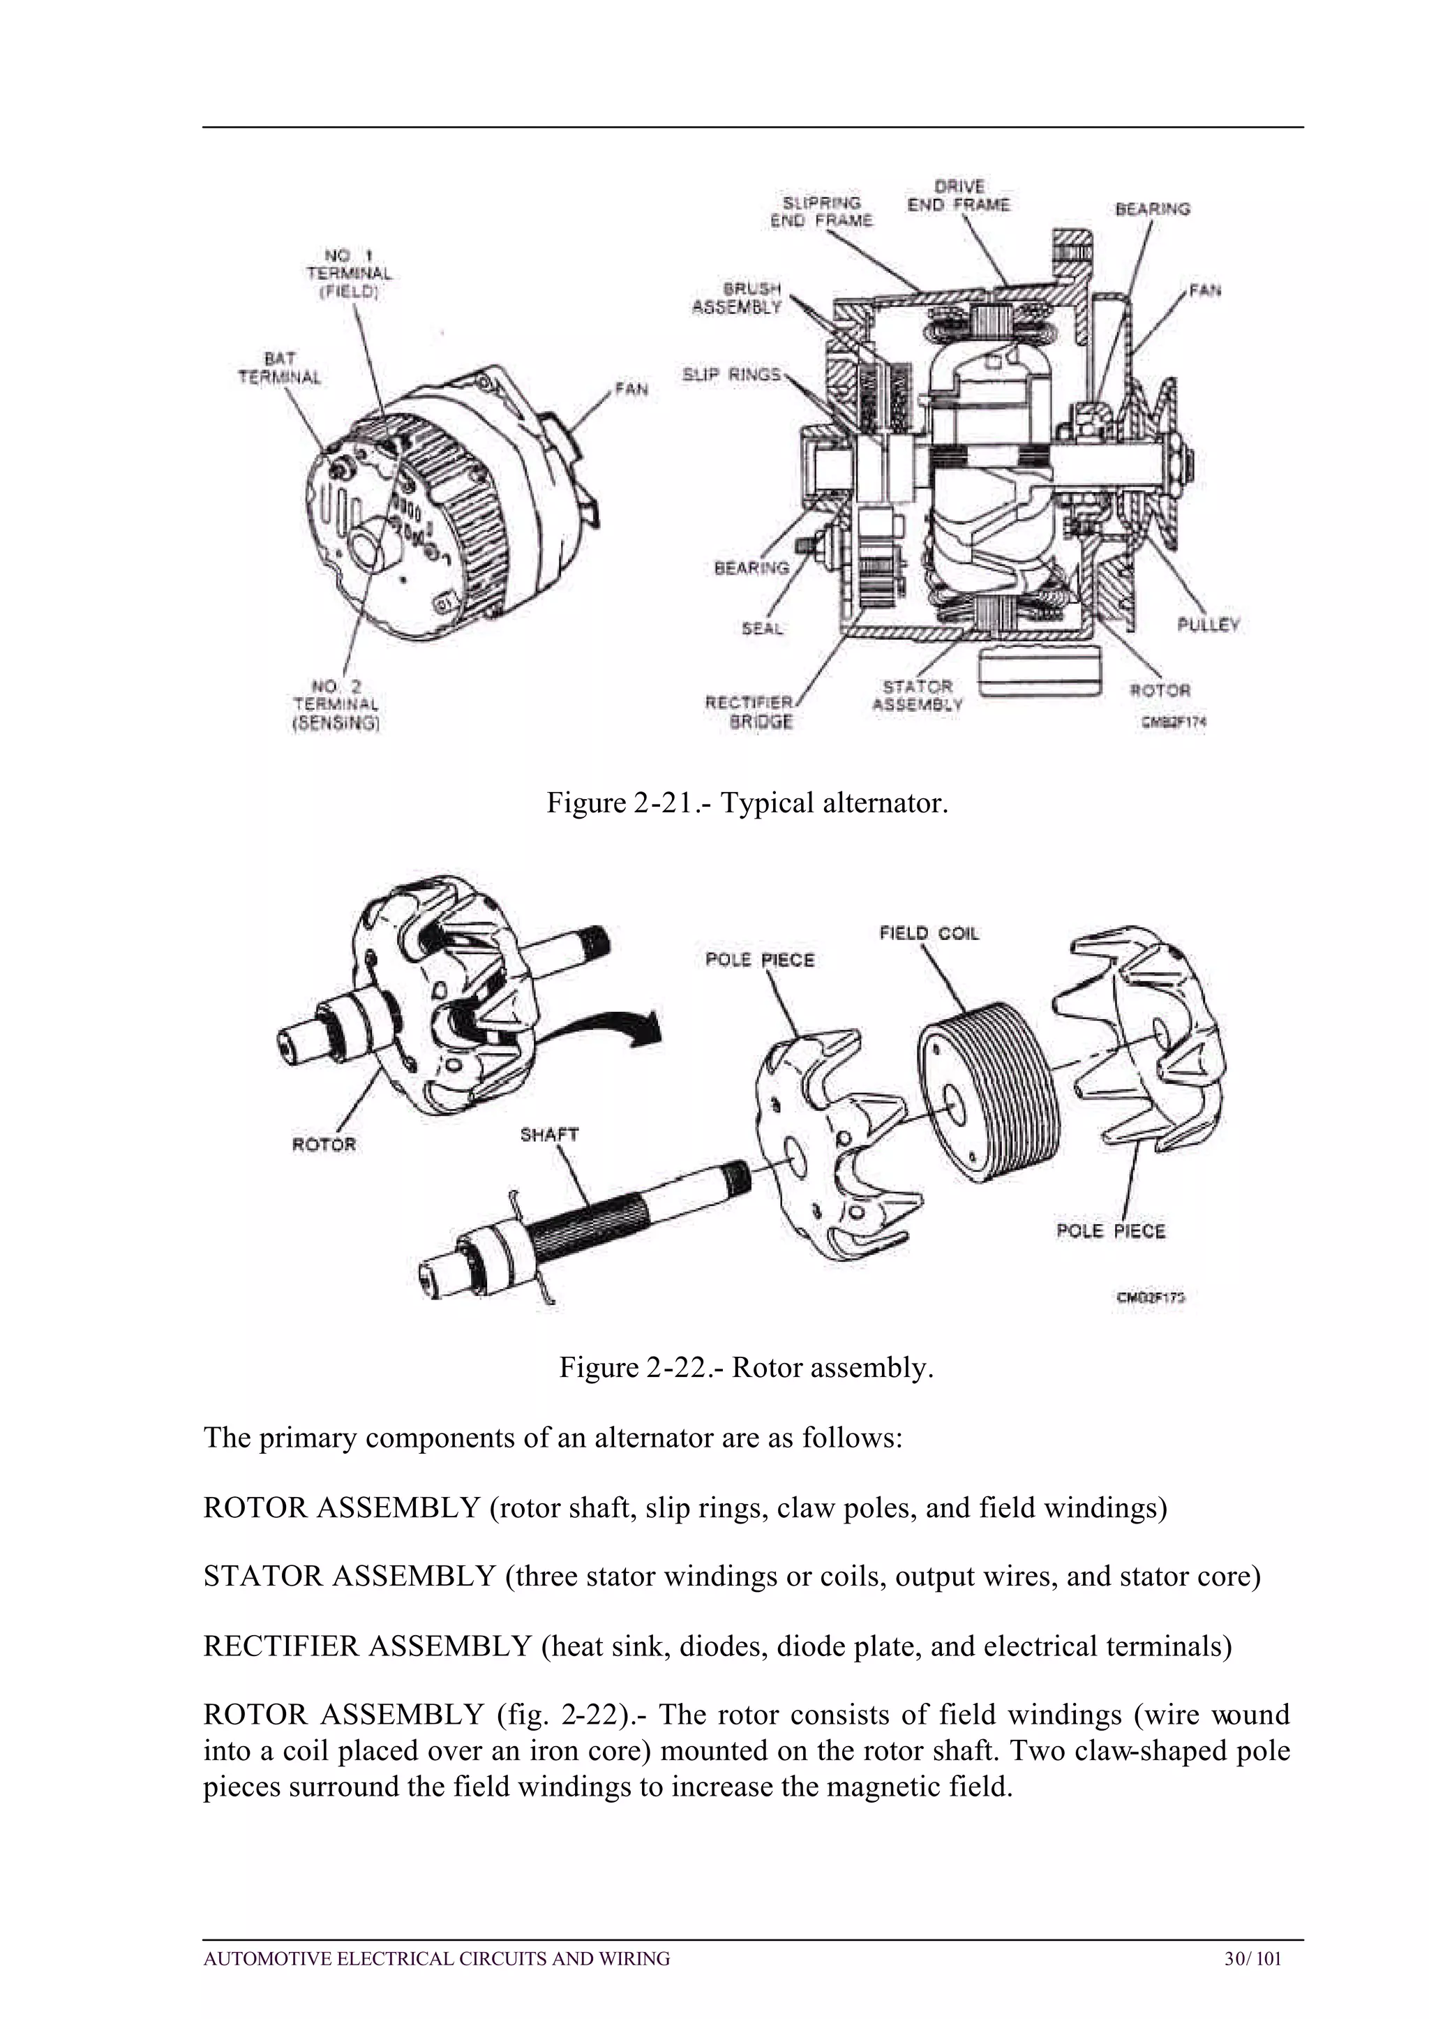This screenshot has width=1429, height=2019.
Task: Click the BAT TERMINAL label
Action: (279, 368)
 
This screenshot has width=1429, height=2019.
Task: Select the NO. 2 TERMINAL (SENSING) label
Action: (335, 704)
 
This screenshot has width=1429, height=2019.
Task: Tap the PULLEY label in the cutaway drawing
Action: (1208, 624)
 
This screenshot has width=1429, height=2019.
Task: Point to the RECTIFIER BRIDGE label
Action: (751, 712)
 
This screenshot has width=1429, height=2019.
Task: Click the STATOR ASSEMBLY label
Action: (918, 694)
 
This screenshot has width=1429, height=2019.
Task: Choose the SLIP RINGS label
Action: (731, 375)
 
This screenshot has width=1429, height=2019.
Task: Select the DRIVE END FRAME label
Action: (959, 195)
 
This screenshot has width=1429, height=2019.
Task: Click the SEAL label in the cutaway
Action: (762, 628)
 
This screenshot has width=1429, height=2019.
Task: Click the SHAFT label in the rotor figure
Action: (549, 1135)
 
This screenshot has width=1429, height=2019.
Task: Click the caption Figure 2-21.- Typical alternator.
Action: (747, 803)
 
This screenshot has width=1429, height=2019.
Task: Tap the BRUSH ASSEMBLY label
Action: (738, 297)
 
